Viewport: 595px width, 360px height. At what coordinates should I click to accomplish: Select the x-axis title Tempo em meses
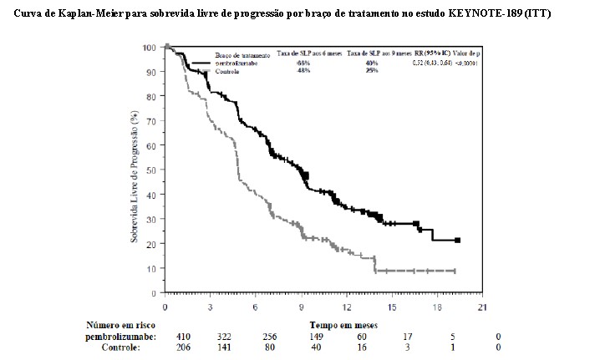(x=343, y=324)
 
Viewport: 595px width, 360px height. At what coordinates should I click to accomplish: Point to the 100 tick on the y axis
(x=150, y=48)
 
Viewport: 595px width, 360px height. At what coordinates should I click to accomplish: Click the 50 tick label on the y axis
(x=151, y=170)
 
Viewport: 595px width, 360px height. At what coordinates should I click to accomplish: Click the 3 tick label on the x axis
(x=210, y=308)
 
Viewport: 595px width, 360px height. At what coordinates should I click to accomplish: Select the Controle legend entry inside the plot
(x=229, y=72)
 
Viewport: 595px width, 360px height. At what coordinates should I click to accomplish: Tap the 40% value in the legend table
(x=371, y=63)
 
